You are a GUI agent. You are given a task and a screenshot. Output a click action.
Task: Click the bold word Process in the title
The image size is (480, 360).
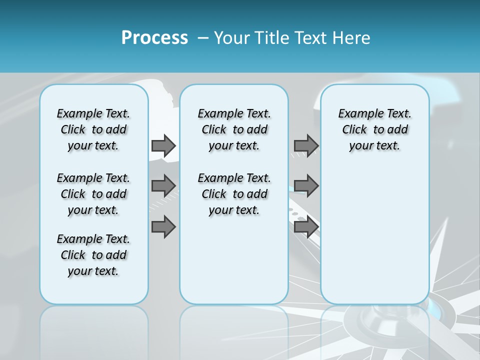[154, 38]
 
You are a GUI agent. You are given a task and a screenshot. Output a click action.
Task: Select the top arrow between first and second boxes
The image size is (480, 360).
[163, 145]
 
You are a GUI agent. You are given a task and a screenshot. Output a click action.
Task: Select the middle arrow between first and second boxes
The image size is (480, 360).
[163, 186]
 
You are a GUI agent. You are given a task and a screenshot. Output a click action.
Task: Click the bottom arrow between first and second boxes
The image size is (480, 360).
[163, 226]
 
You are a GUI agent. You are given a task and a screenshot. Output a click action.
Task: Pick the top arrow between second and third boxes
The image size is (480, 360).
[306, 145]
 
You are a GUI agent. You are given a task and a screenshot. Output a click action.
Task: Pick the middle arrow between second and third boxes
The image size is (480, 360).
[306, 186]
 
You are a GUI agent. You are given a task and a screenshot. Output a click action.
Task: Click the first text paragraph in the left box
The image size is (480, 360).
[93, 129]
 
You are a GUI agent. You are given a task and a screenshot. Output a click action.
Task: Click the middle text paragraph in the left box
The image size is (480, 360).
[93, 194]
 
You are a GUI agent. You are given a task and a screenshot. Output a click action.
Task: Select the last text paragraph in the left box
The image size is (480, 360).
[93, 255]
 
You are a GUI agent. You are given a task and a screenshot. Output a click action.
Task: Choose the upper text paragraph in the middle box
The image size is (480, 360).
[234, 129]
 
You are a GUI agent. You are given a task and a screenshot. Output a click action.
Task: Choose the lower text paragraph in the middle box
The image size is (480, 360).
[234, 194]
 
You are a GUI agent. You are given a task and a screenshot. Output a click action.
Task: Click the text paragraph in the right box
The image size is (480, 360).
[374, 129]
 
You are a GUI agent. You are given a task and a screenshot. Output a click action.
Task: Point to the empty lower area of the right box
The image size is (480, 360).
[374, 240]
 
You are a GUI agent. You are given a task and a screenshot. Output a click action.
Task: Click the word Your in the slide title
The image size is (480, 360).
[232, 38]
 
